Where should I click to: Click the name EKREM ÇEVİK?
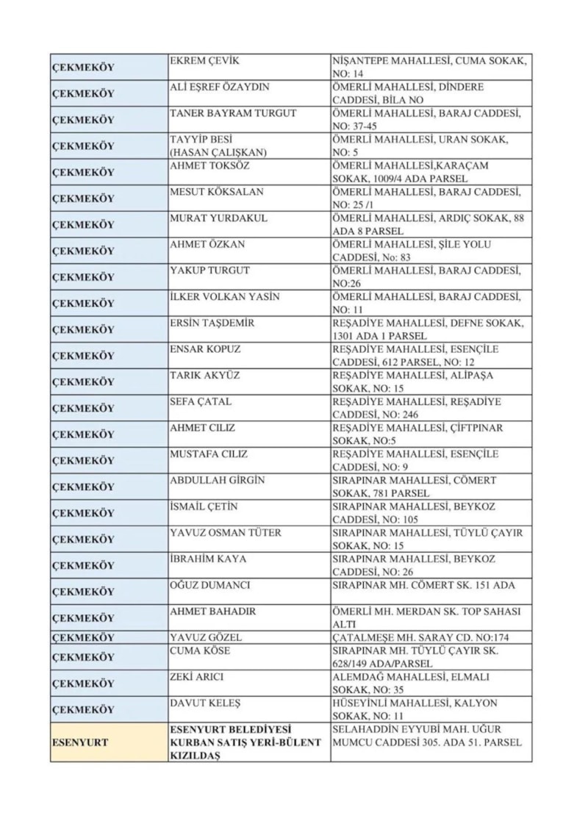tap(205, 61)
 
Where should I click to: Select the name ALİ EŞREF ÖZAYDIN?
tap(220, 87)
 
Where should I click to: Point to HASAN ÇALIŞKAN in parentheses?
tap(218, 152)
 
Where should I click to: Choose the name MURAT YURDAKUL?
tap(219, 218)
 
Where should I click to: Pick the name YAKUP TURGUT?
tap(210, 270)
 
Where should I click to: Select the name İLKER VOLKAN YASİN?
tap(224, 297)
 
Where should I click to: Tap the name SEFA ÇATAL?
tap(201, 401)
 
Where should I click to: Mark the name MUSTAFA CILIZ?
tap(209, 454)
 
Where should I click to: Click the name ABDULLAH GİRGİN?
tap(218, 480)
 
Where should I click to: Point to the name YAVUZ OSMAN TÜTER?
tap(226, 532)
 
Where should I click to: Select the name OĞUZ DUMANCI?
tap(210, 585)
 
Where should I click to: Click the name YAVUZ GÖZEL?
tap(206, 637)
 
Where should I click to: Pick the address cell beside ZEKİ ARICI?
tap(431, 684)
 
